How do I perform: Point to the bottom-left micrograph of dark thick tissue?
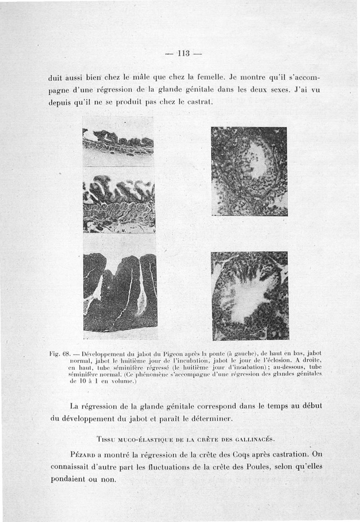click(120, 292)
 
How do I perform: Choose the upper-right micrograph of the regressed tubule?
click(249, 171)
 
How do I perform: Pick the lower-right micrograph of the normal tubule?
click(250, 295)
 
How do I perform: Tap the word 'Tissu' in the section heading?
click(106, 439)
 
